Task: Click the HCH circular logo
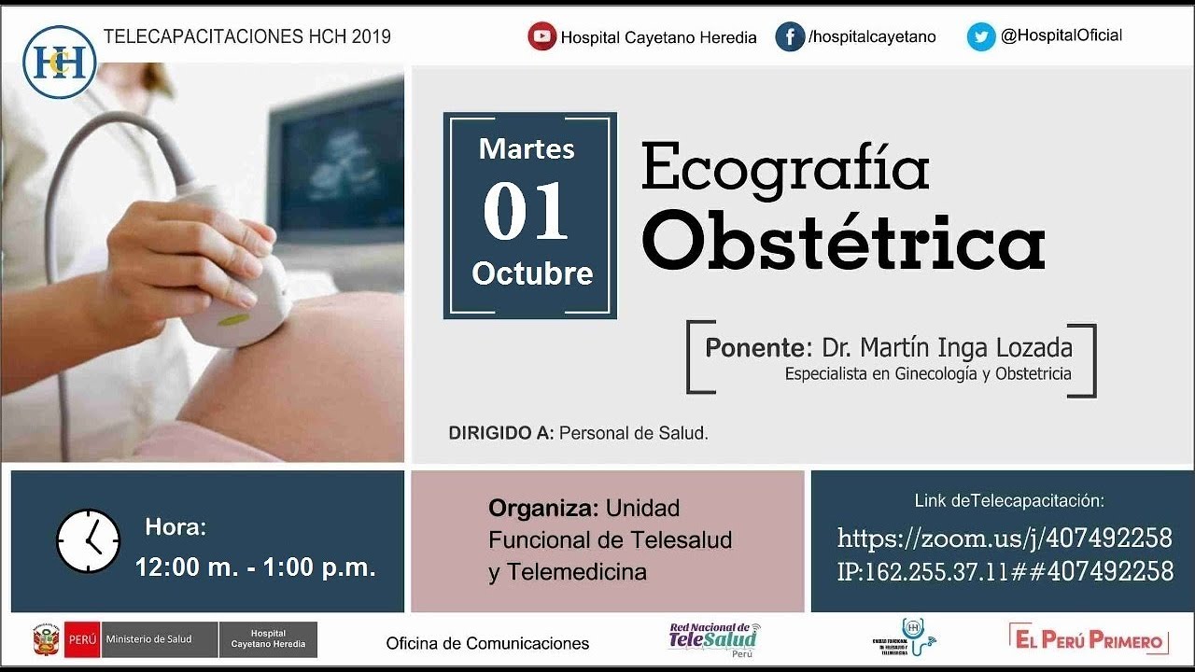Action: (60, 61)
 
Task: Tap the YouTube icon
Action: (541, 36)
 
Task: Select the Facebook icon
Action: (790, 36)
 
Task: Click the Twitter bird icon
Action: (981, 36)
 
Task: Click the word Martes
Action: (527, 148)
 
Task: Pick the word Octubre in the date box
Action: (532, 273)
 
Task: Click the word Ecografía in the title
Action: (785, 169)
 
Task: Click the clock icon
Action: (89, 541)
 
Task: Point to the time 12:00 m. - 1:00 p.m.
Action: (255, 567)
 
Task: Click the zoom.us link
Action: (1004, 539)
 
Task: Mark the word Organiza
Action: (543, 509)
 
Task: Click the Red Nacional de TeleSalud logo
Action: (714, 638)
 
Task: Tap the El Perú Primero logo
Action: (1089, 640)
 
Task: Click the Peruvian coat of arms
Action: (46, 640)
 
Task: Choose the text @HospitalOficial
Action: (1061, 35)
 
